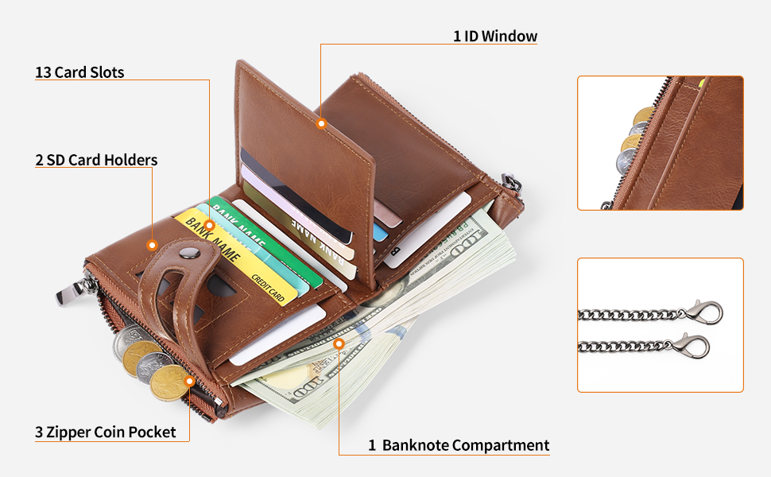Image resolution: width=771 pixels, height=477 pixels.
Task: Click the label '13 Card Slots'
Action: point(79,72)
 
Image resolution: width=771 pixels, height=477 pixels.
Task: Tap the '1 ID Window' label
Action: point(495,36)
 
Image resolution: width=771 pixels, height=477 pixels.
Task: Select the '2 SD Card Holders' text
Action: point(96,160)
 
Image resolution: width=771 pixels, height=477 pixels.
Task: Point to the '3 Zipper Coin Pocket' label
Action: point(105,432)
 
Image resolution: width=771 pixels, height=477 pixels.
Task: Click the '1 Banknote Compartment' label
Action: point(458,445)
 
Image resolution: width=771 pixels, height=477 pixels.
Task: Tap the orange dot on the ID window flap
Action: point(321,124)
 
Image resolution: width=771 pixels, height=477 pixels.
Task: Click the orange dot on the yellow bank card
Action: point(210,225)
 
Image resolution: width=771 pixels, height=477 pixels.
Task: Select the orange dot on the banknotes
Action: point(339,344)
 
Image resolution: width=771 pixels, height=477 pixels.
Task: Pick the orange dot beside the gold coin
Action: point(189,382)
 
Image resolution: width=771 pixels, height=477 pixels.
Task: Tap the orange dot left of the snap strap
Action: point(152,245)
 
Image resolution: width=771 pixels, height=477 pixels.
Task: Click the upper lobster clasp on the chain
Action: point(705,312)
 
